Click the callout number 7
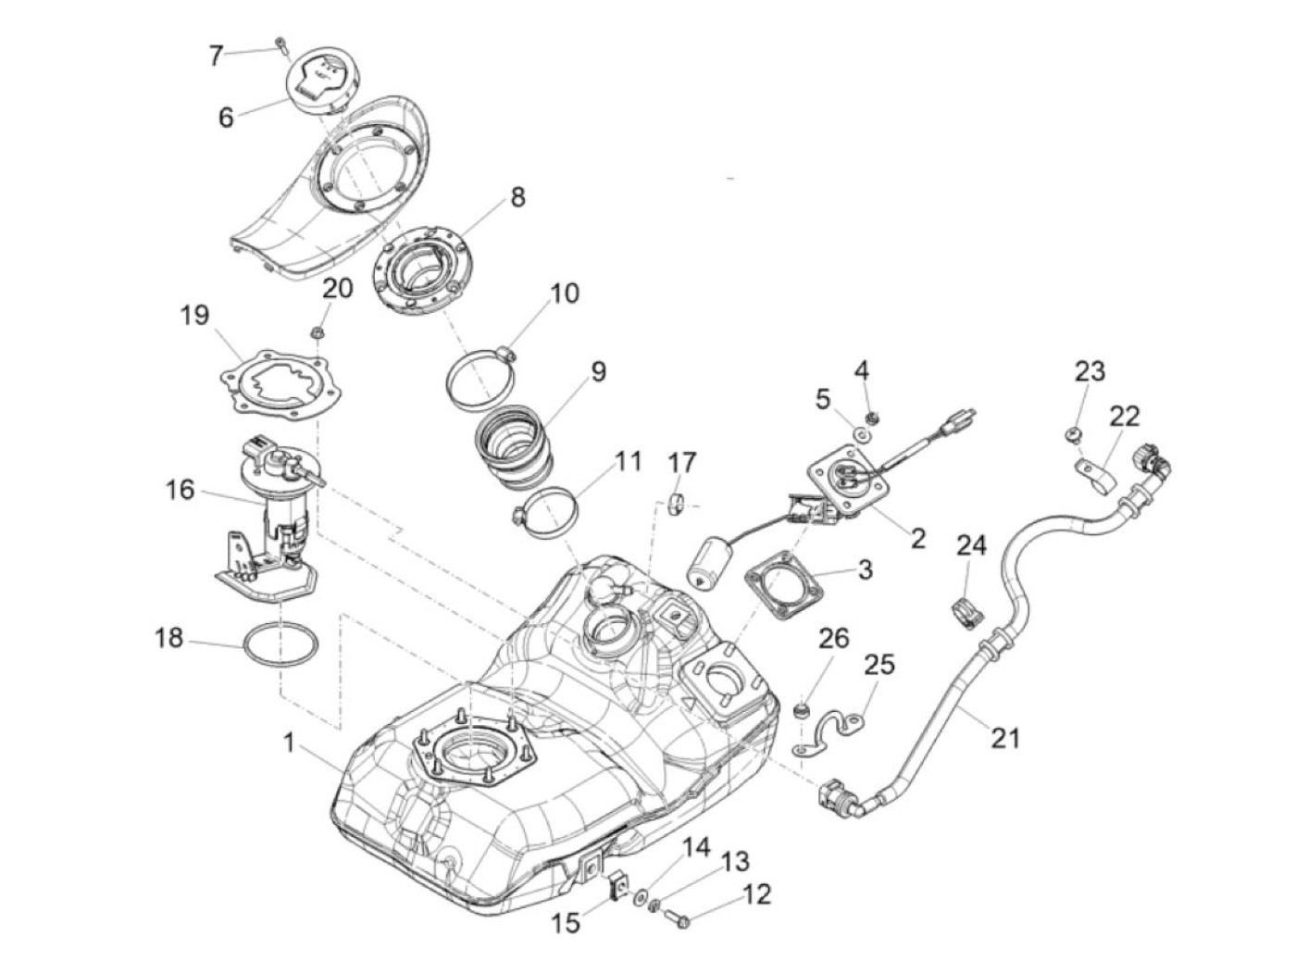216,56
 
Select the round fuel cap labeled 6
320,82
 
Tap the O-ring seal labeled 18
282,644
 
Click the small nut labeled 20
315,331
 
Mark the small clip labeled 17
676,504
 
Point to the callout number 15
567,922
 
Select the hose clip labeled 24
964,614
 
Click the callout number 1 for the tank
290,742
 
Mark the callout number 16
180,489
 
